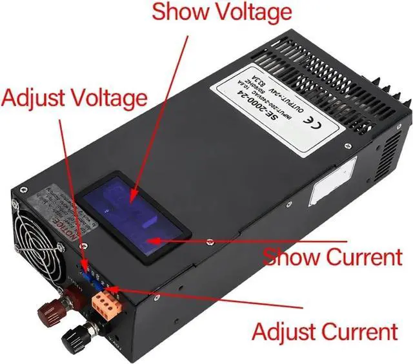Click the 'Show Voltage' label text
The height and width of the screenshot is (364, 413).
point(221,12)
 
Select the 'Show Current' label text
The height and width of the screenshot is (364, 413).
point(332,256)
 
